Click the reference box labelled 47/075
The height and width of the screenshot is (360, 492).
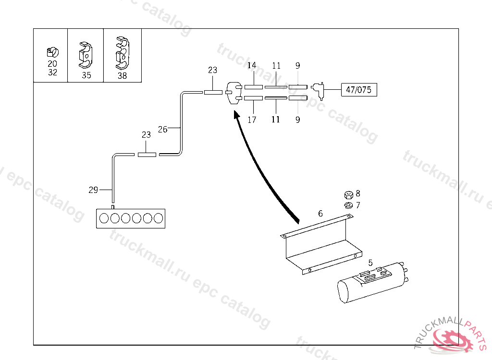(x=359, y=90)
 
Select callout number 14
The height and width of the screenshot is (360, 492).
(x=252, y=65)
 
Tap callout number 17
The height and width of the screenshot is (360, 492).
(x=252, y=120)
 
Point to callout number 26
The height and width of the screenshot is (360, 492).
(x=163, y=129)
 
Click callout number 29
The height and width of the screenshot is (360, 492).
(x=93, y=190)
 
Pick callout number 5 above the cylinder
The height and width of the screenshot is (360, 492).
(x=370, y=263)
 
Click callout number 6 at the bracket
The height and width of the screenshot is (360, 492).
(x=320, y=213)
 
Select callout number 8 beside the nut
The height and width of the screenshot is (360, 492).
(x=358, y=193)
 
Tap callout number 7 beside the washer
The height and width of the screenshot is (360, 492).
(x=358, y=205)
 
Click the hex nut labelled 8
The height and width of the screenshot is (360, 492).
(x=348, y=195)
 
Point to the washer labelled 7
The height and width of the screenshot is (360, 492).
(x=348, y=205)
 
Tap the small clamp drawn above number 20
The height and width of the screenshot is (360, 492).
(x=52, y=51)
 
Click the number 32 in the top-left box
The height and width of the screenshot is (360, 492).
(x=52, y=72)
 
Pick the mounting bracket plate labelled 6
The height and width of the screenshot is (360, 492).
(x=320, y=242)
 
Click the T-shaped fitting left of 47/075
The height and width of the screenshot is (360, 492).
(x=318, y=90)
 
